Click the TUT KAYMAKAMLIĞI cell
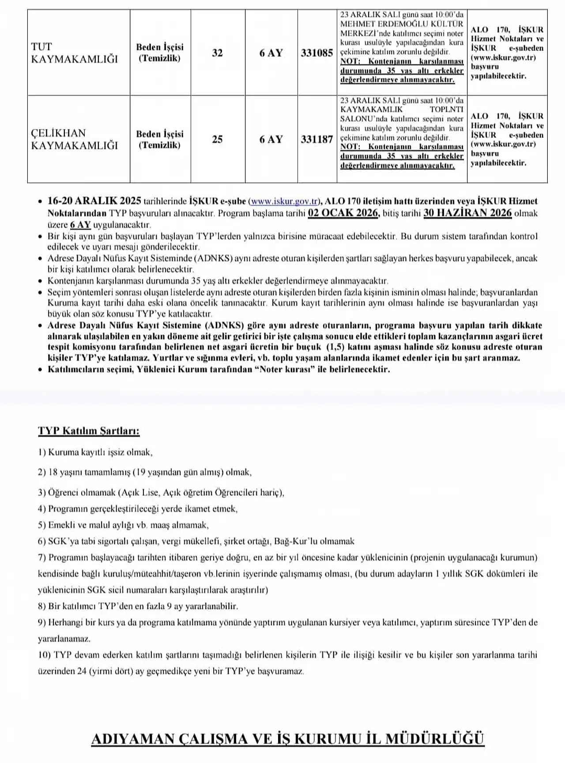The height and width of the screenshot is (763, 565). (75, 53)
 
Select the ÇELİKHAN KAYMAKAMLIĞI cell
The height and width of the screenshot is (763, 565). (75, 139)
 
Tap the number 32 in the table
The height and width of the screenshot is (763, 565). (217, 53)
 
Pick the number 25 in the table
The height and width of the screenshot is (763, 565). (217, 140)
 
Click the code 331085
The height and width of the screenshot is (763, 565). (317, 53)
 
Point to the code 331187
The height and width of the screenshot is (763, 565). (317, 140)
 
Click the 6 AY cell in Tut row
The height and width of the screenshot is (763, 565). (271, 53)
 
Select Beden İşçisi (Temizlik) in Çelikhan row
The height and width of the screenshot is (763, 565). (160, 140)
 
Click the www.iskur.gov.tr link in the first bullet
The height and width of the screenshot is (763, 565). (284, 201)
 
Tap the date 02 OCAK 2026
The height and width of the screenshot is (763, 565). (343, 213)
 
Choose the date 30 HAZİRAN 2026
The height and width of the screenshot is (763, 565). (467, 213)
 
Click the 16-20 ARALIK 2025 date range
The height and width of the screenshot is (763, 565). (94, 201)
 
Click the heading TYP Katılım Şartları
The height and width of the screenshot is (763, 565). (89, 431)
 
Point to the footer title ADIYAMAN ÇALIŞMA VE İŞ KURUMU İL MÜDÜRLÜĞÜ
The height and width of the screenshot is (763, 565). (287, 739)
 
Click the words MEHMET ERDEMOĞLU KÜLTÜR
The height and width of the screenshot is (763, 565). (402, 24)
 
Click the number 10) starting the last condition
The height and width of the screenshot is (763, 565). (45, 655)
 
